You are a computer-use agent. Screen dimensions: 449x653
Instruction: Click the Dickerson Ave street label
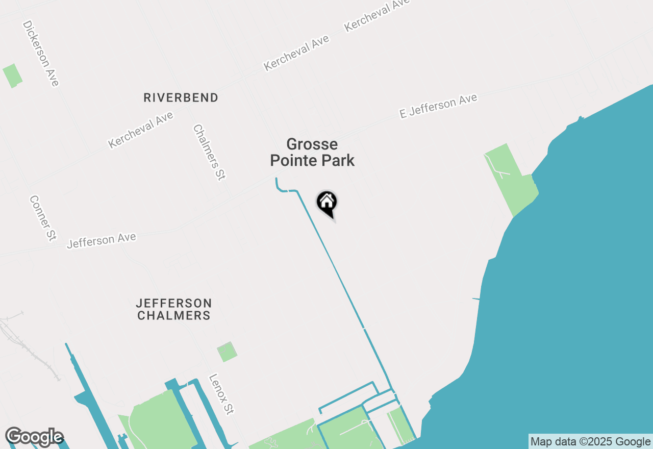click(x=41, y=54)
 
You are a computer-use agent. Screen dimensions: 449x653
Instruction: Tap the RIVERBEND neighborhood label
click(x=181, y=97)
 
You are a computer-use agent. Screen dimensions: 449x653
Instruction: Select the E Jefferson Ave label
click(x=438, y=106)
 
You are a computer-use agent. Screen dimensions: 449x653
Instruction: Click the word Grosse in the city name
click(x=312, y=144)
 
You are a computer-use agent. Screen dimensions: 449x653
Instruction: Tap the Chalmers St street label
click(x=209, y=153)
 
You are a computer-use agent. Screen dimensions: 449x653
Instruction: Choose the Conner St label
click(x=42, y=218)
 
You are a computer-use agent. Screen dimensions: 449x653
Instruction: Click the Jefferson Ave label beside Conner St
click(x=102, y=240)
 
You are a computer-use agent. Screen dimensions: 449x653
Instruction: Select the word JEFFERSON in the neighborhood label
click(x=174, y=303)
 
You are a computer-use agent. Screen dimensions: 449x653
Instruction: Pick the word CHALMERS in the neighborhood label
click(x=174, y=316)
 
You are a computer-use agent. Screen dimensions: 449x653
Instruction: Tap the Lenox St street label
click(x=221, y=394)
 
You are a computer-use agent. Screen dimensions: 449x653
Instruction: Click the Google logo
click(x=34, y=437)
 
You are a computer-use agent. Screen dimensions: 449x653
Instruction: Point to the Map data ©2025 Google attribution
click(x=590, y=442)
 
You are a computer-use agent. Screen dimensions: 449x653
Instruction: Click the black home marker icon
click(x=327, y=203)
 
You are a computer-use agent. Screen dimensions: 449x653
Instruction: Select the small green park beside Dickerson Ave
click(x=12, y=76)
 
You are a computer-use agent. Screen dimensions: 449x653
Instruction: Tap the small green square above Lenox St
click(x=227, y=352)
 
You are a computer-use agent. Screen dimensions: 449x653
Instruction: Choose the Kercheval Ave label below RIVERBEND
click(x=141, y=130)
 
